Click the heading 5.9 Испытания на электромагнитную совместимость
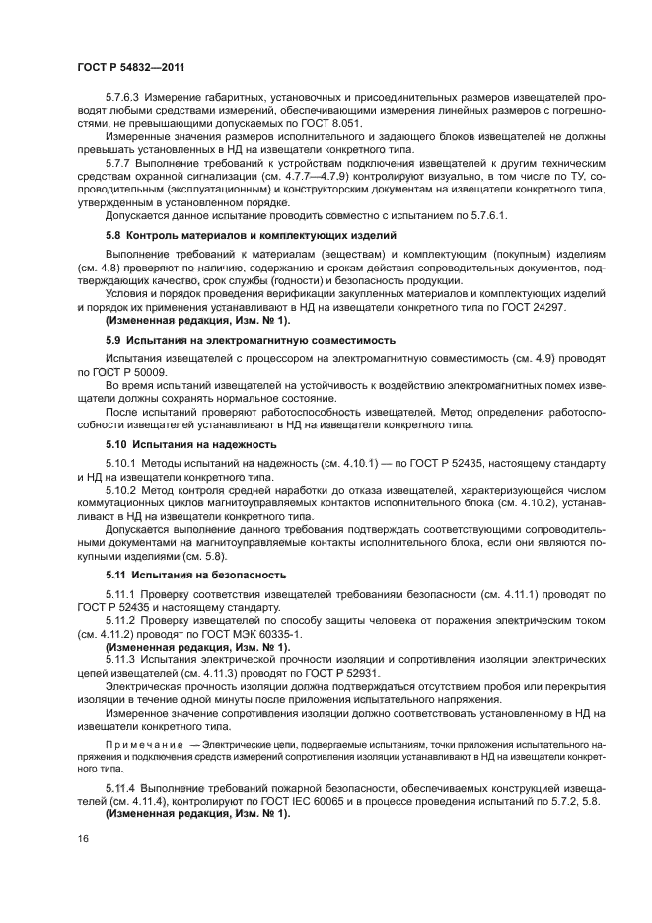coord(250,339)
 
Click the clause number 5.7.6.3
coord(125,125)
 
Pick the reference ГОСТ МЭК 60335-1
coord(251,633)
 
